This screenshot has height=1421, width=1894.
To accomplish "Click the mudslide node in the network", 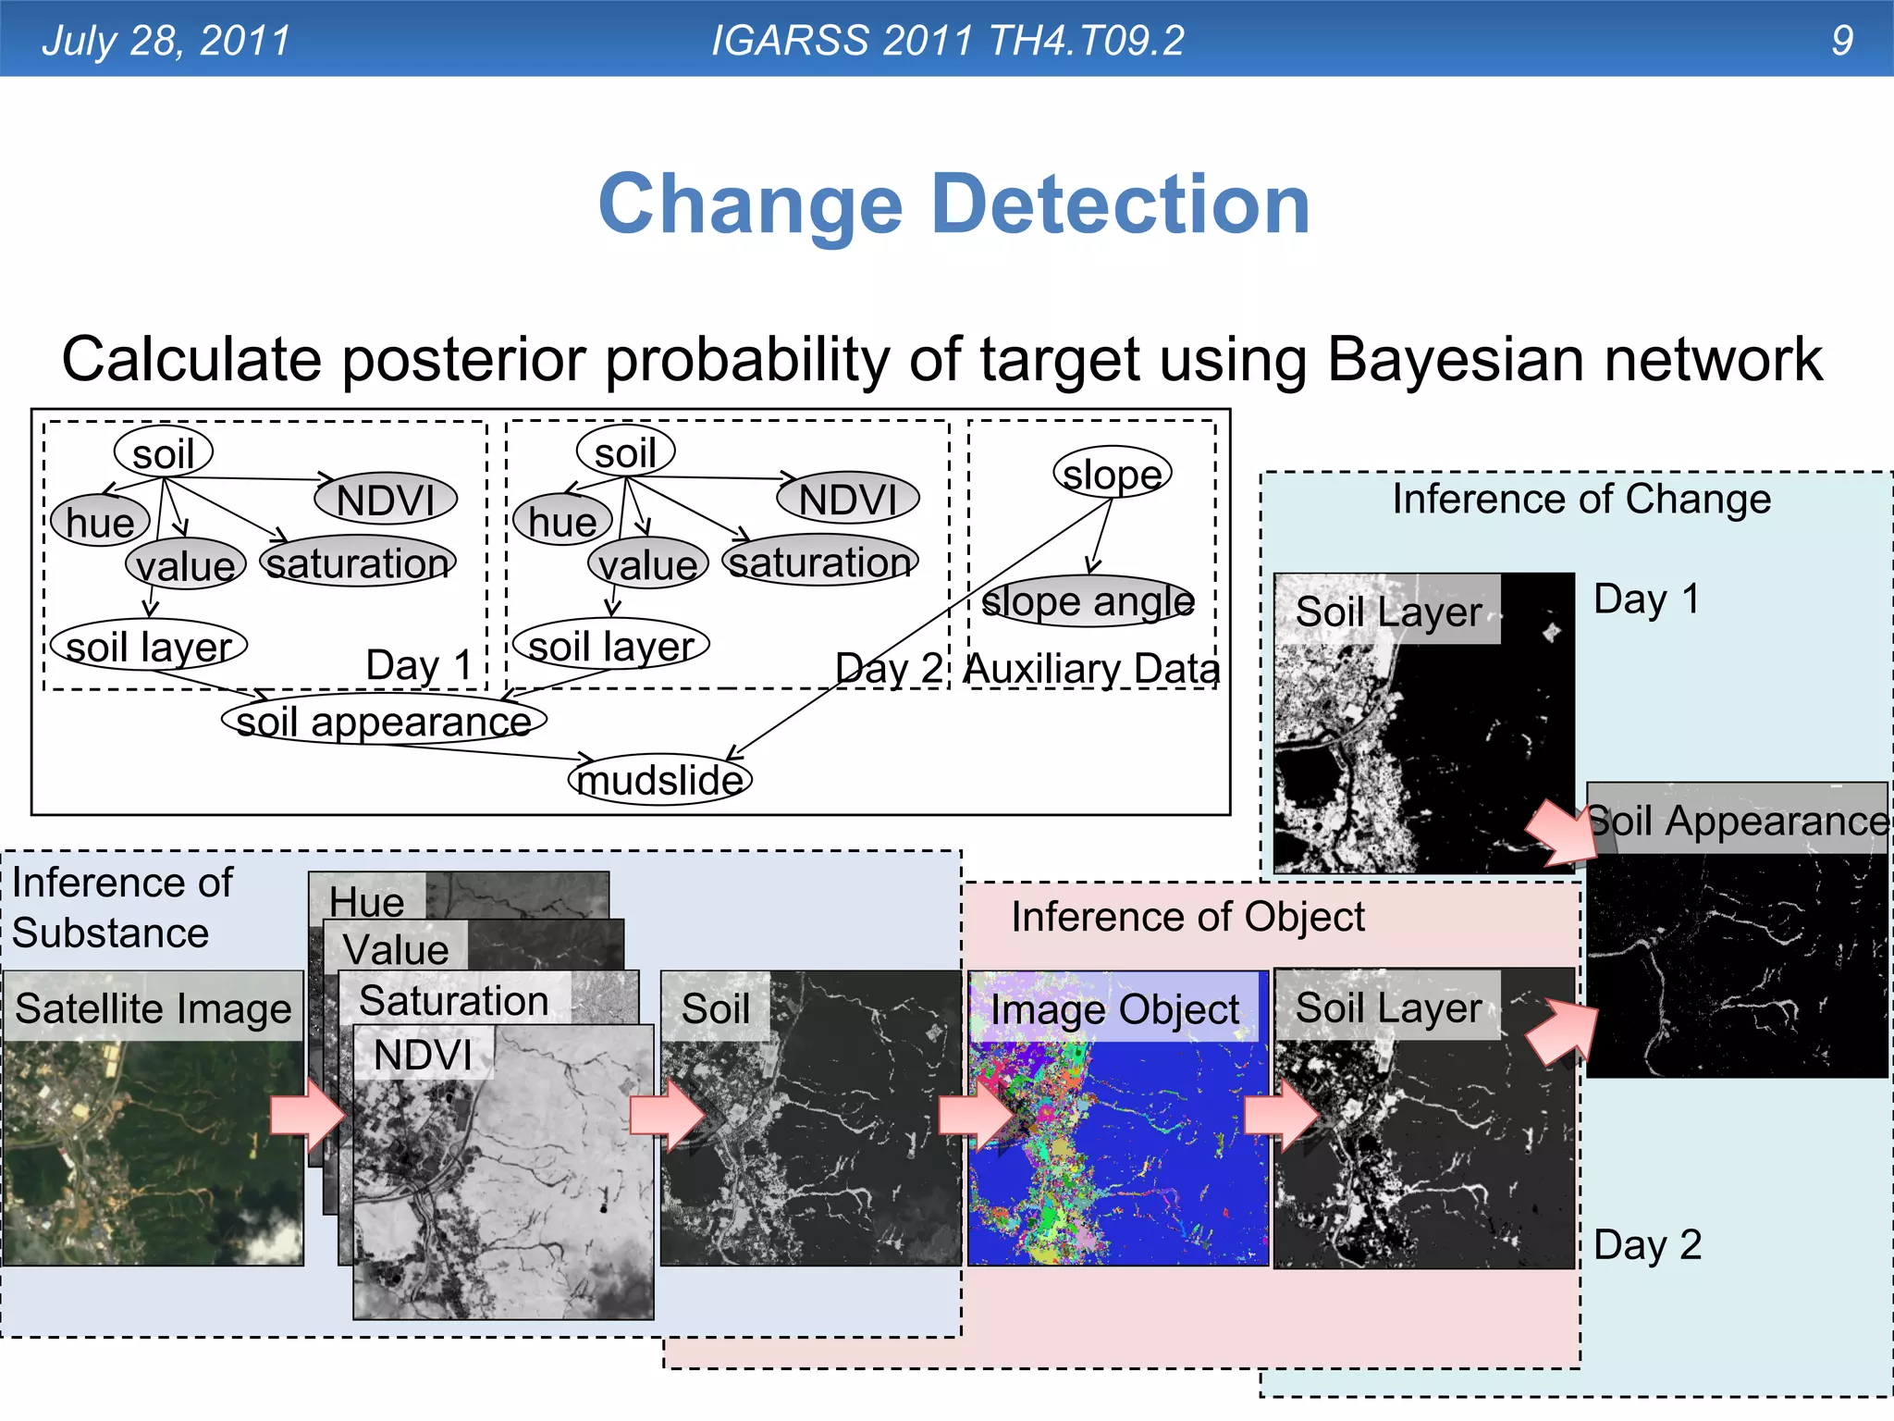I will click(x=659, y=779).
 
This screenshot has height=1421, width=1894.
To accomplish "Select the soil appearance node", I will click(x=384, y=720).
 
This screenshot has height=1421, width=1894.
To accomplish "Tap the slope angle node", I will click(x=1088, y=601).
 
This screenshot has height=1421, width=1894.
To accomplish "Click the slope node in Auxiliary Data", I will click(x=1112, y=474).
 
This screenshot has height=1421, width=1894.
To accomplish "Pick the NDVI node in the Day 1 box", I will click(x=386, y=500).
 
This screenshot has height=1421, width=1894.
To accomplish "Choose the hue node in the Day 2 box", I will click(x=562, y=521).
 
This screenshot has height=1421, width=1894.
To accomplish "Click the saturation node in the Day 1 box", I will click(x=358, y=562).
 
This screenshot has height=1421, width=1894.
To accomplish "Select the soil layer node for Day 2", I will click(x=610, y=645).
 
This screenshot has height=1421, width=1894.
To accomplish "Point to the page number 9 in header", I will click(x=1841, y=40).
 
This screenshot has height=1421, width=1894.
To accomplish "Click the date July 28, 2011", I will click(x=166, y=40).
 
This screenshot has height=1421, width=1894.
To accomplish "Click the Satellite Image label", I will click(x=154, y=1007).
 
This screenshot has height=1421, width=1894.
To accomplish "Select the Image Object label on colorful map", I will click(x=1114, y=1009).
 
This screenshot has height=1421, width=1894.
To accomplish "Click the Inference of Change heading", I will click(x=1581, y=499).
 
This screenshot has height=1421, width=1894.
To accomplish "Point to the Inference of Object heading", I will click(x=1187, y=917).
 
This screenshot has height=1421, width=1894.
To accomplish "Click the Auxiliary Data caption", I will click(x=1091, y=668).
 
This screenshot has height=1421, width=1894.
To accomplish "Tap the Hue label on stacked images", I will click(x=366, y=900).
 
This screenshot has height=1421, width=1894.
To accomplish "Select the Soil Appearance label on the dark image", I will click(x=1737, y=821).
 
